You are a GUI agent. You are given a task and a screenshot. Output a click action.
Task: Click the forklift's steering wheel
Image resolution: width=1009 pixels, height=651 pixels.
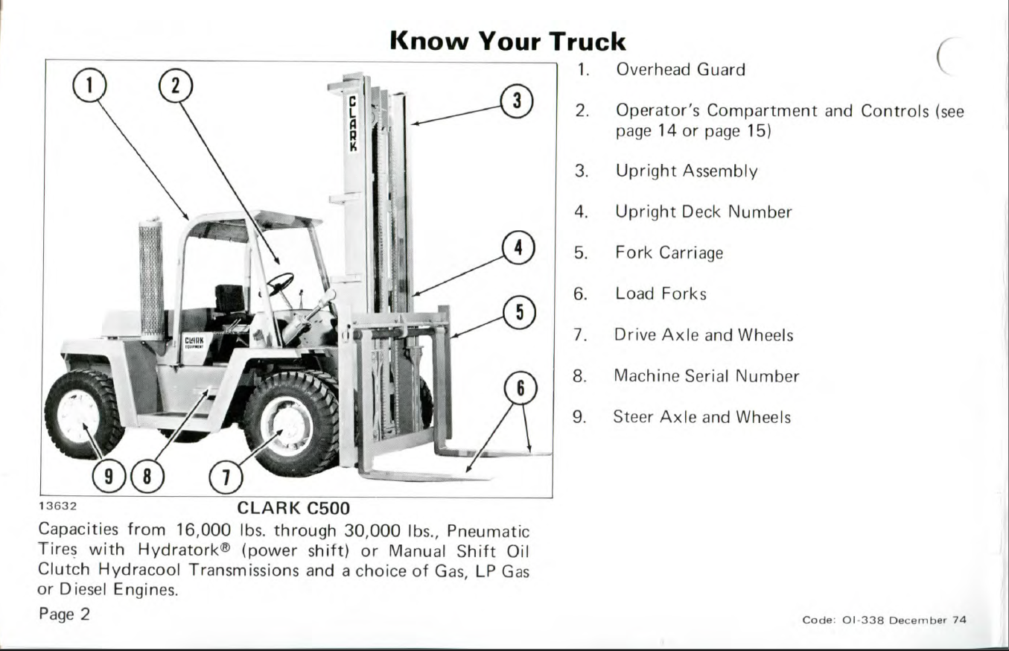click(280, 282)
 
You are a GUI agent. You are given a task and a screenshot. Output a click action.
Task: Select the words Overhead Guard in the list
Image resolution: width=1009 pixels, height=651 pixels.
click(680, 70)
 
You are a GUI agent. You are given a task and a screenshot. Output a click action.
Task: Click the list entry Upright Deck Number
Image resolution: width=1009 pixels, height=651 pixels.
click(703, 212)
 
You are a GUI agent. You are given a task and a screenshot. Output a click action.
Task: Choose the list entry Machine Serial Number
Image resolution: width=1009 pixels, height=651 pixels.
click(706, 376)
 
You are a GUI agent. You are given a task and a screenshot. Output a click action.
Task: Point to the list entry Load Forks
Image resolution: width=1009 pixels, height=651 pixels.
click(661, 294)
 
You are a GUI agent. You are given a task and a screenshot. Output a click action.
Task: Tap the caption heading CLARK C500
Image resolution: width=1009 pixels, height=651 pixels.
click(293, 508)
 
